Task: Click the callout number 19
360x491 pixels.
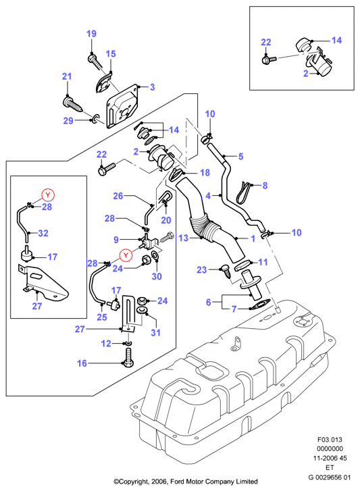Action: click(91, 34)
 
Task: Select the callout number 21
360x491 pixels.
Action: click(67, 76)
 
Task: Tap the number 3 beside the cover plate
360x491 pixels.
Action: click(152, 86)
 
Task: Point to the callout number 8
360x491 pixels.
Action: click(265, 185)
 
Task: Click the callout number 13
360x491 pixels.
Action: click(184, 238)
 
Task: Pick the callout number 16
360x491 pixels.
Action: click(82, 363)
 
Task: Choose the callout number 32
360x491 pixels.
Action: click(43, 233)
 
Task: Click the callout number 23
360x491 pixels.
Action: click(202, 269)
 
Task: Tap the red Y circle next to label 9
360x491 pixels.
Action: click(126, 255)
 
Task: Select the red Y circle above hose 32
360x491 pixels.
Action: click(48, 195)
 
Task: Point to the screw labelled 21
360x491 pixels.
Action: click(73, 105)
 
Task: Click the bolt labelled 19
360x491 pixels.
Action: click(95, 62)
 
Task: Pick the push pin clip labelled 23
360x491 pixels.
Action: click(226, 272)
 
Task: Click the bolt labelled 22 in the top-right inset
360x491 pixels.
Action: click(269, 59)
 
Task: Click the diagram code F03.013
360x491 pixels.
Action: click(330, 439)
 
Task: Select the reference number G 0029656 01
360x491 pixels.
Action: click(330, 477)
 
